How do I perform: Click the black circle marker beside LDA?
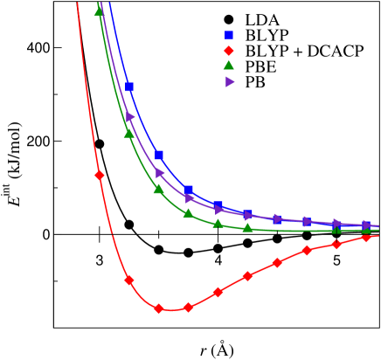click(x=229, y=19)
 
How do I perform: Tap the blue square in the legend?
click(x=229, y=35)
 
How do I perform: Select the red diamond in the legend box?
click(x=229, y=52)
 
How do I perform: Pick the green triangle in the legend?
click(x=229, y=66)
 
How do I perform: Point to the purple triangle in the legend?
click(x=229, y=82)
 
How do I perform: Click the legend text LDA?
click(x=261, y=19)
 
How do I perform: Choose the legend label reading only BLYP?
click(x=266, y=35)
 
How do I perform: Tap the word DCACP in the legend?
click(x=337, y=52)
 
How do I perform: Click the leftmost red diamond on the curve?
click(x=100, y=175)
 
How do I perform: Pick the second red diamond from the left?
click(x=129, y=280)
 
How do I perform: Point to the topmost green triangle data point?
click(x=99, y=12)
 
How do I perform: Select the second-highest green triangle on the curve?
click(x=128, y=134)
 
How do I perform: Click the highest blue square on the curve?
click(x=129, y=87)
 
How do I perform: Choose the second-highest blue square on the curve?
click(x=159, y=156)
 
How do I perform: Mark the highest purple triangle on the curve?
click(x=130, y=117)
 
